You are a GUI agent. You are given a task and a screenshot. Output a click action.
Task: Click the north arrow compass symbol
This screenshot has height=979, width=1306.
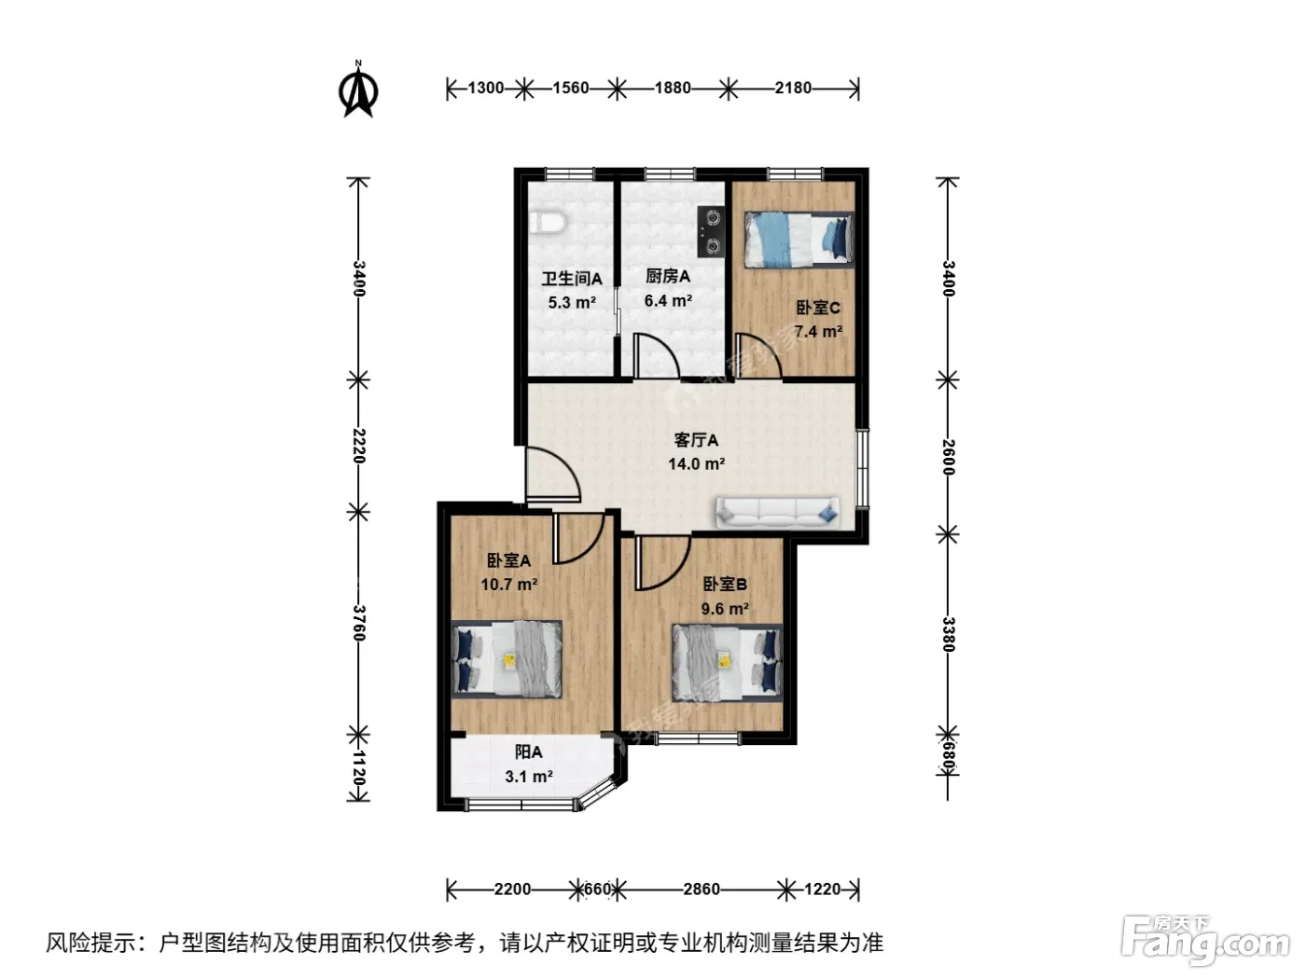pyautogui.click(x=358, y=90)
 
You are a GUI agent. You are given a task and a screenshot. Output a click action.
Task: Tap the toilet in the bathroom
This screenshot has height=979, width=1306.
pyautogui.click(x=547, y=222)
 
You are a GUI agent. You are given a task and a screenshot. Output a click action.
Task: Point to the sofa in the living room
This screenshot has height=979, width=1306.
pyautogui.click(x=778, y=512)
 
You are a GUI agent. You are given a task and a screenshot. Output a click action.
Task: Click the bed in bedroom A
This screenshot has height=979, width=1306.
pyautogui.click(x=507, y=659)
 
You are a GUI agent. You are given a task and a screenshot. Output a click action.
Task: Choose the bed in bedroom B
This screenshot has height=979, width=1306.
pyautogui.click(x=727, y=662)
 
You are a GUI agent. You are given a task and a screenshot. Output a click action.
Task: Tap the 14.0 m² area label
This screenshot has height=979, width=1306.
pyautogui.click(x=696, y=463)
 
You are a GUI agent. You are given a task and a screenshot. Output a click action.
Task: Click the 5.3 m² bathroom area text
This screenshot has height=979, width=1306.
pyautogui.click(x=572, y=302)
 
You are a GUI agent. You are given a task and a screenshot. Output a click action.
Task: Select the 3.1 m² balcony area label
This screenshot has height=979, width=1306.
pyautogui.click(x=529, y=777)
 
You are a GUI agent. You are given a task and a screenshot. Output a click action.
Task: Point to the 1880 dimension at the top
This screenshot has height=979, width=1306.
pyautogui.click(x=673, y=88)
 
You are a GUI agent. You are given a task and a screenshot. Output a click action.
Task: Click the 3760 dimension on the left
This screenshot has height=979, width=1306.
pyautogui.click(x=358, y=623)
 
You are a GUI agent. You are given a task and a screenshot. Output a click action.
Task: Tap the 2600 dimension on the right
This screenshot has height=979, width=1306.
pyautogui.click(x=948, y=457)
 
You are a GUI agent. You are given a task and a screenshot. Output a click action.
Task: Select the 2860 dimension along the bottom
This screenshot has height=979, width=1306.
pyautogui.click(x=702, y=889)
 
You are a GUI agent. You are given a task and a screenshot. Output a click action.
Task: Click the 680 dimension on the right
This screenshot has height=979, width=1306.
pyautogui.click(x=948, y=758)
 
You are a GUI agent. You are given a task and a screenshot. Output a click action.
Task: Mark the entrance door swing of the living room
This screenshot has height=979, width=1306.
pyautogui.click(x=552, y=474)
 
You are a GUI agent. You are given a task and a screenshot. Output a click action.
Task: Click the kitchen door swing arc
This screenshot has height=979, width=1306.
pyautogui.click(x=657, y=355)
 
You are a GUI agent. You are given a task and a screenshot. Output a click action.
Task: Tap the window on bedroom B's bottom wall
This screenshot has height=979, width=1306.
pyautogui.click(x=698, y=738)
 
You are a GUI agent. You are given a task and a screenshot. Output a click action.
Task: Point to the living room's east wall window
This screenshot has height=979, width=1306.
pyautogui.click(x=862, y=468)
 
